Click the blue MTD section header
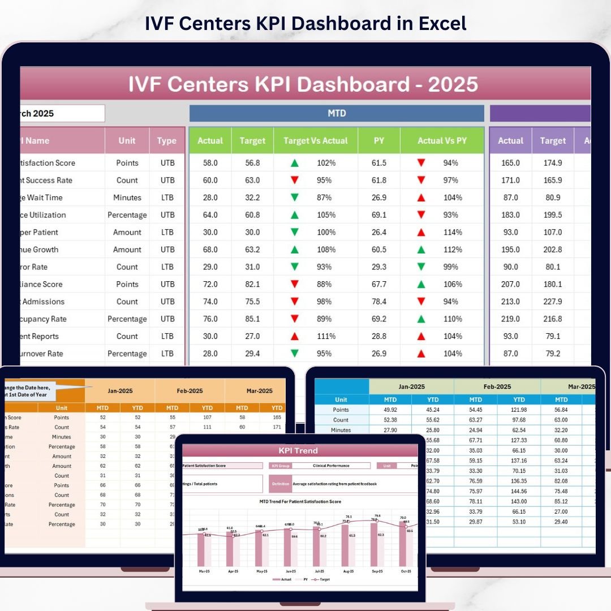tap(337, 113)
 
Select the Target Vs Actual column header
tap(316, 141)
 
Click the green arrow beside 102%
tap(294, 163)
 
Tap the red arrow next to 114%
tap(421, 233)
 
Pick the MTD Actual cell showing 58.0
tap(210, 163)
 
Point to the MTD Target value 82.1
tap(252, 285)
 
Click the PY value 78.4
tap(379, 302)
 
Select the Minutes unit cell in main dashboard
tap(127, 198)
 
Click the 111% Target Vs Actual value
tap(326, 337)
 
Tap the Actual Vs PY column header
tap(442, 141)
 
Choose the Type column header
tap(167, 141)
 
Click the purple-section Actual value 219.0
tap(510, 319)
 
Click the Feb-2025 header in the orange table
tap(190, 390)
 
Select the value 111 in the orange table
tap(207, 427)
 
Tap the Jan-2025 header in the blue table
tap(411, 387)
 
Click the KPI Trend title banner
tap(298, 451)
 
